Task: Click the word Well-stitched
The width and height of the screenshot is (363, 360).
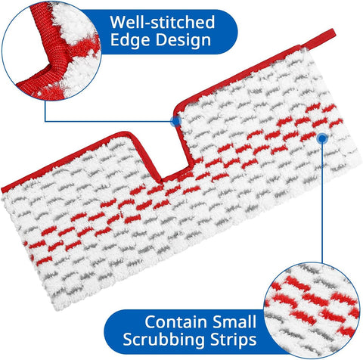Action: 163,22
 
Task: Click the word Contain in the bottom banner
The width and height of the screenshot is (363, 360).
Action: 175,321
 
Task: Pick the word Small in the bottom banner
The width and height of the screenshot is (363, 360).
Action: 234,321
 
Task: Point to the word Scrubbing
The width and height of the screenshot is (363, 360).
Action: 164,340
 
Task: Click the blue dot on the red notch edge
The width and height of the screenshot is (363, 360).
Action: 175,121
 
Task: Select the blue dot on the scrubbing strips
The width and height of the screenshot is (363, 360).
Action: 322,138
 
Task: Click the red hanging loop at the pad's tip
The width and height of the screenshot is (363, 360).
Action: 319,39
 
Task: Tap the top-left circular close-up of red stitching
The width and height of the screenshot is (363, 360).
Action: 51,51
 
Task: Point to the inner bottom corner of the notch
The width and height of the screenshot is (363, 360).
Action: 161,181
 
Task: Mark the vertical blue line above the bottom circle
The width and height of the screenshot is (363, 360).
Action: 322,203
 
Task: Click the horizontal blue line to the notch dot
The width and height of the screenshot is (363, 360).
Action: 108,122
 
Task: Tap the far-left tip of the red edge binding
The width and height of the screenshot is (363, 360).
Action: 2,190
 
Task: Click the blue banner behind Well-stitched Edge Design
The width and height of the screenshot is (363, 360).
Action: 166,32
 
